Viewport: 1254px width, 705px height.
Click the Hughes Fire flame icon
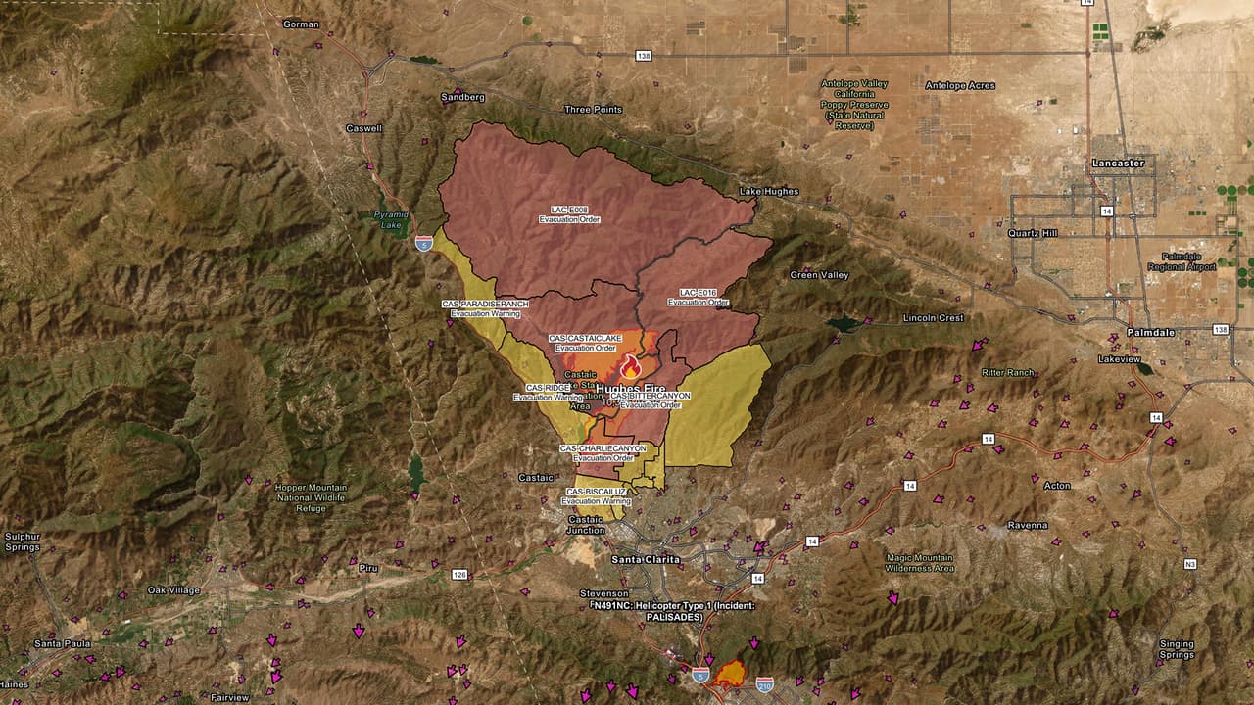[x=630, y=367]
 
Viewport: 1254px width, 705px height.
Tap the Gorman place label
[x=301, y=23]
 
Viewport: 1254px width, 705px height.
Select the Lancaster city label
[x=1118, y=164]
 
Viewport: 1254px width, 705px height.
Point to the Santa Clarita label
[x=645, y=559]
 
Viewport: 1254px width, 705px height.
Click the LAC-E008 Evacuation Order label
[x=569, y=214]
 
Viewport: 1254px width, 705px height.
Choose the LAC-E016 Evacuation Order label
[x=699, y=298]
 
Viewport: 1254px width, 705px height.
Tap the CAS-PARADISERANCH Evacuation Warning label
[x=485, y=309]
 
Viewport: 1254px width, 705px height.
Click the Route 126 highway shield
[x=459, y=574]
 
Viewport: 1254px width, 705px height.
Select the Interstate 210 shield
[x=764, y=682]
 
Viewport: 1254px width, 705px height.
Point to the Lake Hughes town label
[x=769, y=192]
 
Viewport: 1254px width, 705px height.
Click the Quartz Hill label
[x=1033, y=233]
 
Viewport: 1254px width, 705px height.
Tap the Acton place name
[x=1057, y=486]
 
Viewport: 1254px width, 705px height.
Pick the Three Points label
[x=593, y=110]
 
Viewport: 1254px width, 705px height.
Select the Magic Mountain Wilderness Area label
[x=919, y=562]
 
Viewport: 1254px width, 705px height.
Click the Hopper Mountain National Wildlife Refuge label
[x=311, y=497]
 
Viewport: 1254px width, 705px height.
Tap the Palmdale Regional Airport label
[x=1187, y=261]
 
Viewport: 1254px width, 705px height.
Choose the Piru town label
[x=368, y=568]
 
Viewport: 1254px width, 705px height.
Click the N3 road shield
[x=1189, y=564]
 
